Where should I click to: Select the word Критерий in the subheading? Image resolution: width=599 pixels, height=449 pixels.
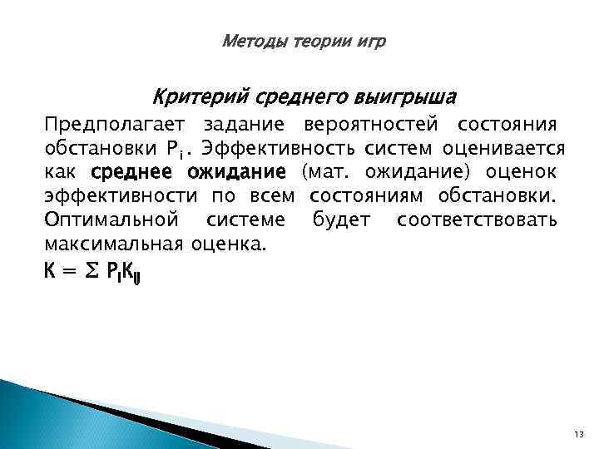(x=187, y=97)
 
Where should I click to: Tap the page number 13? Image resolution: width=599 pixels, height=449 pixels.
(x=579, y=435)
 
